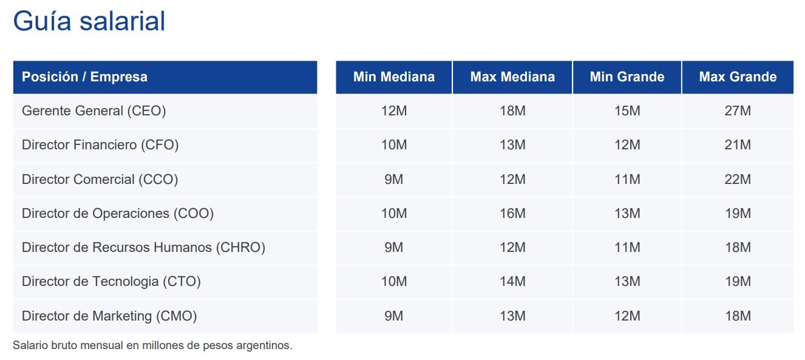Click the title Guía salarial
pyautogui.click(x=89, y=22)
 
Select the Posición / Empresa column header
pyautogui.click(x=84, y=77)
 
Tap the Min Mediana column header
pyautogui.click(x=393, y=77)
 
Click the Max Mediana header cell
pyautogui.click(x=512, y=77)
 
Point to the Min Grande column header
pyautogui.click(x=627, y=77)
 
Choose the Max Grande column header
pyautogui.click(x=737, y=77)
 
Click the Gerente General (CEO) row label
pyautogui.click(x=93, y=111)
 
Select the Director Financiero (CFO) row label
pyautogui.click(x=100, y=145)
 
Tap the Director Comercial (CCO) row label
pyautogui.click(x=100, y=180)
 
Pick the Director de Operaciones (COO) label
pyautogui.click(x=118, y=214)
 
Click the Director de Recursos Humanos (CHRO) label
pyautogui.click(x=143, y=248)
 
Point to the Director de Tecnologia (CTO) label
pyautogui.click(x=111, y=282)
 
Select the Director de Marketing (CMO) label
pyautogui.click(x=109, y=316)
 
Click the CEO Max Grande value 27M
pyautogui.click(x=737, y=111)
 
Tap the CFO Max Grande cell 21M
pyautogui.click(x=737, y=145)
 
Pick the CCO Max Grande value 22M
pyautogui.click(x=737, y=180)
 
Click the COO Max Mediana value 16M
pyautogui.click(x=512, y=214)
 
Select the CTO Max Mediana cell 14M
pyautogui.click(x=512, y=282)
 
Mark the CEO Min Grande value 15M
pyautogui.click(x=627, y=111)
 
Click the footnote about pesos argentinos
pyautogui.click(x=152, y=346)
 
